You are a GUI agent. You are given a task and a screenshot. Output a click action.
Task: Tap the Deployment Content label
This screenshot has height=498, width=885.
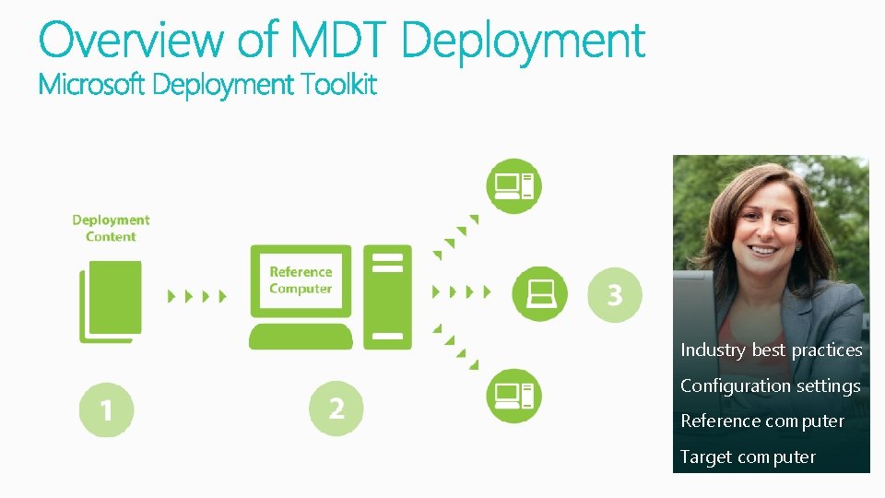(x=111, y=228)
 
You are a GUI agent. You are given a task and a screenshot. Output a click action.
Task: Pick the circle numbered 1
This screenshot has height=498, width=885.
(x=106, y=409)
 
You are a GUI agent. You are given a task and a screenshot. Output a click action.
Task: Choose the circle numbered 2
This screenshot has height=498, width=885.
(x=336, y=408)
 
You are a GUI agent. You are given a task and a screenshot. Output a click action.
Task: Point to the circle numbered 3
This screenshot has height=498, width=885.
(x=614, y=295)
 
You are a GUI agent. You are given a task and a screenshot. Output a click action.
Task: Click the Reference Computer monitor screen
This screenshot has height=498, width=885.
(x=301, y=280)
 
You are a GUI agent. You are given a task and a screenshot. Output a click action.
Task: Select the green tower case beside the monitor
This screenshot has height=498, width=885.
(x=387, y=296)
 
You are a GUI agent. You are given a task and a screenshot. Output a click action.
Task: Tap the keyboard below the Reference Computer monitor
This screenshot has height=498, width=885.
(x=301, y=336)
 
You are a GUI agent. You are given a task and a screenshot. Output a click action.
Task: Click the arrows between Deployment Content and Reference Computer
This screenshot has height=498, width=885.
(x=196, y=296)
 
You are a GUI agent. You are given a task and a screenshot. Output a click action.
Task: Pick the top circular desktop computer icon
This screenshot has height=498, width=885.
(x=513, y=186)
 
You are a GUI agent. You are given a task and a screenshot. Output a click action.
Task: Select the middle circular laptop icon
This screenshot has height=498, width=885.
(x=540, y=294)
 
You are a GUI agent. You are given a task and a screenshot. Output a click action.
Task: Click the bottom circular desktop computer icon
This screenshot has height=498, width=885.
(x=513, y=396)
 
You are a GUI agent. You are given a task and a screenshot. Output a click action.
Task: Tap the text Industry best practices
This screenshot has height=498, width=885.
(x=771, y=350)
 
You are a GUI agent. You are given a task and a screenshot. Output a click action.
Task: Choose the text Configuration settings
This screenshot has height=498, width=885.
(x=770, y=386)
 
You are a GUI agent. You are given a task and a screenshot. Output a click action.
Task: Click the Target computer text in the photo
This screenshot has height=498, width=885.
(x=748, y=457)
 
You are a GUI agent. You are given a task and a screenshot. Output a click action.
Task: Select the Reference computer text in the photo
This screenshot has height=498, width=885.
(x=761, y=421)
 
